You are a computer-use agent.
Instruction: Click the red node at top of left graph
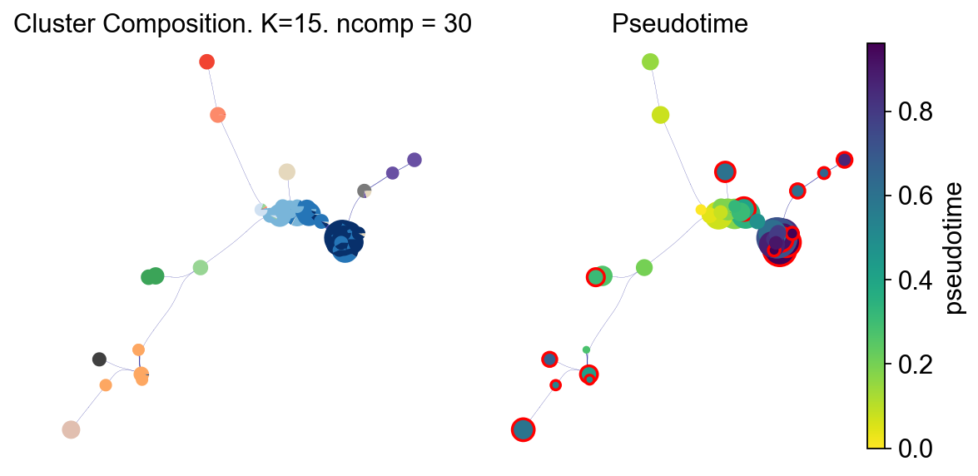207,61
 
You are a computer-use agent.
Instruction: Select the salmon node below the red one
218,115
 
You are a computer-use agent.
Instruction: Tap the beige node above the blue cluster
286,171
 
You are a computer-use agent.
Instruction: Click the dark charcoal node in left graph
99,359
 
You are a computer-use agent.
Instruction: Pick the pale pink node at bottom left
71,429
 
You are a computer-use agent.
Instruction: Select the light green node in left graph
200,267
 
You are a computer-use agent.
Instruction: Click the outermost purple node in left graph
414,159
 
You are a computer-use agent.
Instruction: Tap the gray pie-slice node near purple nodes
364,191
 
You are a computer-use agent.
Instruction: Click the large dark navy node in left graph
342,237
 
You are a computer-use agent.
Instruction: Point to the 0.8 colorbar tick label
916,112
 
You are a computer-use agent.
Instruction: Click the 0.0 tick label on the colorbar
916,449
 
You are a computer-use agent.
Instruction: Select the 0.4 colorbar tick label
916,280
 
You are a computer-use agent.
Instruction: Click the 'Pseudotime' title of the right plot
679,25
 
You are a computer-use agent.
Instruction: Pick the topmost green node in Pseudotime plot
651,61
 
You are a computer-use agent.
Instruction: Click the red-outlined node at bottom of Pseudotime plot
523,429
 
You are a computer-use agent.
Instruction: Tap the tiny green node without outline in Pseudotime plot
586,350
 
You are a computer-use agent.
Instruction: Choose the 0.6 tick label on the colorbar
916,196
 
